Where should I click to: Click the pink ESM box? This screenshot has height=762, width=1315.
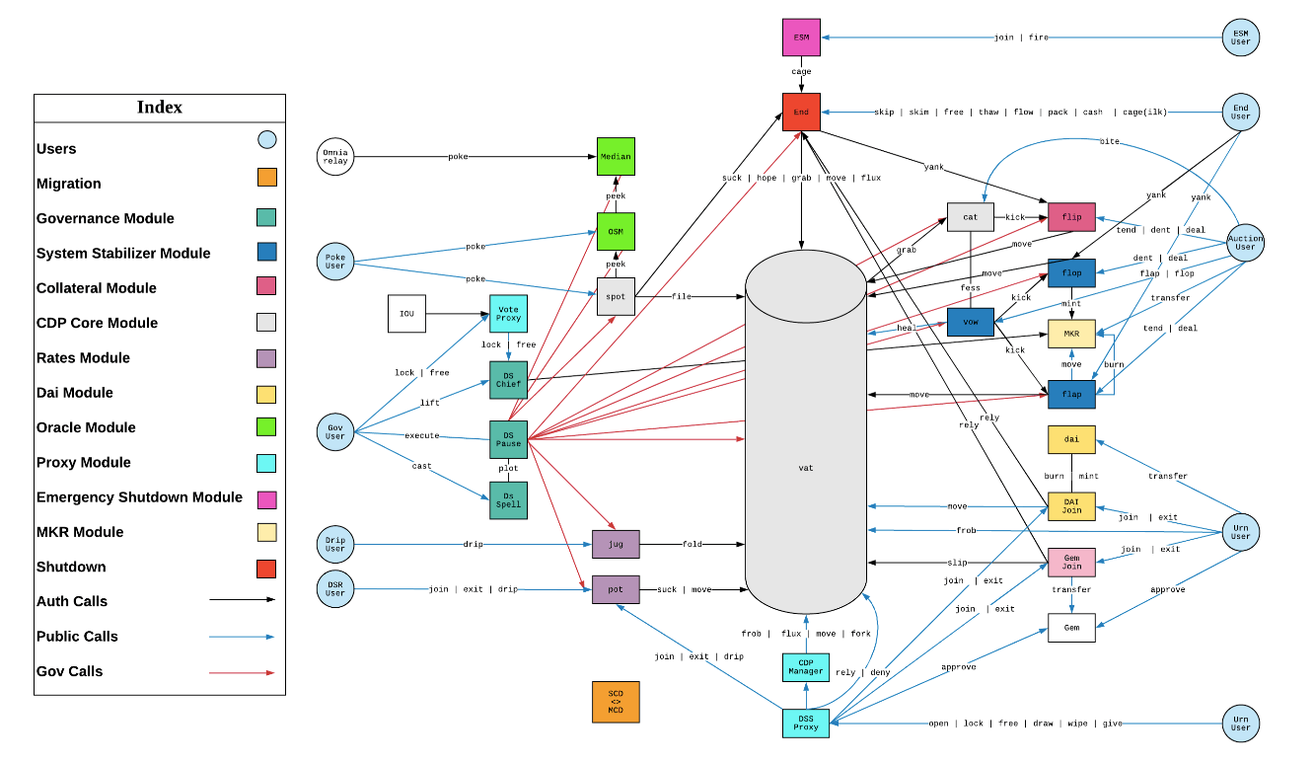pyautogui.click(x=801, y=37)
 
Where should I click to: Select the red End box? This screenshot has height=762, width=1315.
pyautogui.click(x=801, y=112)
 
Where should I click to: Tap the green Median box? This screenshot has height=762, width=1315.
pyautogui.click(x=616, y=156)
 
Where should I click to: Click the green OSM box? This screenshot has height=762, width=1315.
pyautogui.click(x=616, y=232)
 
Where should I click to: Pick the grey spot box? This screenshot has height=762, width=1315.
pyautogui.click(x=616, y=297)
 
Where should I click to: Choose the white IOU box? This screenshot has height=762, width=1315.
pyautogui.click(x=406, y=314)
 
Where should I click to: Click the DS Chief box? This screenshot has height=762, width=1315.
pyautogui.click(x=508, y=380)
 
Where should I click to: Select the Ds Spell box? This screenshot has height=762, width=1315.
pyautogui.click(x=508, y=500)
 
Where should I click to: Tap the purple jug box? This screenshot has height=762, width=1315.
pyautogui.click(x=616, y=544)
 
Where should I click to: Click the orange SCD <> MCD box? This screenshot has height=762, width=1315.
pyautogui.click(x=616, y=702)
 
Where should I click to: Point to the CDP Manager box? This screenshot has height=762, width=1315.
pyautogui.click(x=806, y=667)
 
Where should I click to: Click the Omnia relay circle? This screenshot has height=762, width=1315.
pyautogui.click(x=335, y=156)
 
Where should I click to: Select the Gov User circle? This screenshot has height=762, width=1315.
pyautogui.click(x=335, y=431)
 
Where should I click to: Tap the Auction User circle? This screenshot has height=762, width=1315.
pyautogui.click(x=1245, y=243)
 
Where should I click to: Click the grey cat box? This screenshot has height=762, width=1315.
pyautogui.click(x=971, y=217)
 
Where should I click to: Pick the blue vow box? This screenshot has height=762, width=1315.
pyautogui.click(x=971, y=322)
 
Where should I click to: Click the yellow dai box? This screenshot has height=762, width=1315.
pyautogui.click(x=1072, y=439)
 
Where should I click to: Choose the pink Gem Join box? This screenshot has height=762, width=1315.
pyautogui.click(x=1072, y=563)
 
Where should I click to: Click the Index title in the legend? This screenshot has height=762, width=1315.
pyautogui.click(x=160, y=107)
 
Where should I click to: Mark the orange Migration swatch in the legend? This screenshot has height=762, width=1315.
pyautogui.click(x=267, y=177)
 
